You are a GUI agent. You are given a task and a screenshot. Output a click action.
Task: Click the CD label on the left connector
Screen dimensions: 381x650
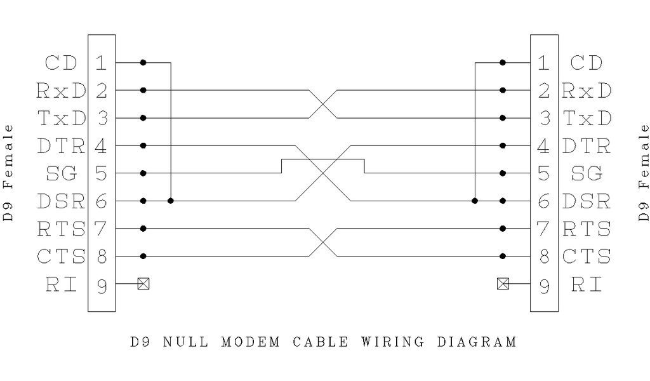tap(61, 63)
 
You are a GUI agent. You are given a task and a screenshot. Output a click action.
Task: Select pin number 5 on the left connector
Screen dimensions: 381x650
tap(102, 173)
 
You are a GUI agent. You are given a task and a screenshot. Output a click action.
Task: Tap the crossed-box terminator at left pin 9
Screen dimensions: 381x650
tap(143, 284)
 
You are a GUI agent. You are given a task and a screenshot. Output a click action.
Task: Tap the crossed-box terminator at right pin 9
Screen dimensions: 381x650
tap(503, 284)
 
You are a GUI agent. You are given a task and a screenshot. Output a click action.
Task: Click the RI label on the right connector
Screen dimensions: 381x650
tap(586, 284)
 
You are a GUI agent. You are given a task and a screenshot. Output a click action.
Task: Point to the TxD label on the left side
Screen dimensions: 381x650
tap(61, 118)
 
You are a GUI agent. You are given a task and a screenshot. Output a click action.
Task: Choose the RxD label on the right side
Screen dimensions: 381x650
tap(587, 90)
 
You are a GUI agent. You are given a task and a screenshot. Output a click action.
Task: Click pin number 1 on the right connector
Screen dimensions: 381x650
tap(544, 63)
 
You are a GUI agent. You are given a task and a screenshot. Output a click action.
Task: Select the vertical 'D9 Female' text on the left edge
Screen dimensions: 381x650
tap(8, 173)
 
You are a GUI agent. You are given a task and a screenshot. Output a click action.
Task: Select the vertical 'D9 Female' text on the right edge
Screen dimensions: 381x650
tap(644, 173)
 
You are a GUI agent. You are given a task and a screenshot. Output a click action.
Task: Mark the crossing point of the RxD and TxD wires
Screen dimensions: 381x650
tap(323, 104)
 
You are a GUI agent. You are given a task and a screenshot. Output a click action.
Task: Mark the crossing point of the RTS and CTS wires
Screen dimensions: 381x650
tap(323, 242)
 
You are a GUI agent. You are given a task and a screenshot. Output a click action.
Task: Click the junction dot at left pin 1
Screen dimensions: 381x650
tap(143, 63)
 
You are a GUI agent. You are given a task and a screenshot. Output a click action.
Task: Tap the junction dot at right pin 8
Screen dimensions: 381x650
tap(503, 257)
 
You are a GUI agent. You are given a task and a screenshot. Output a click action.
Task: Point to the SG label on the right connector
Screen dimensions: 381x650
tap(586, 173)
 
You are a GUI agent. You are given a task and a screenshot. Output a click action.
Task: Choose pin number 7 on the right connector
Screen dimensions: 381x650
tap(544, 229)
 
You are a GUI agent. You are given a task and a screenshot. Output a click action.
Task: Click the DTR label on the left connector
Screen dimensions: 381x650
tap(61, 146)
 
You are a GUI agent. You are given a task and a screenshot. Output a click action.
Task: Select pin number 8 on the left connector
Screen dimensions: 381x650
tap(102, 257)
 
